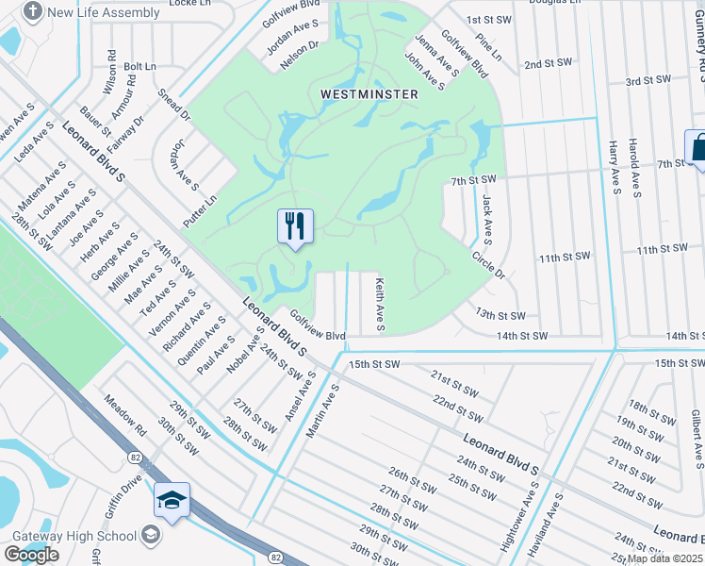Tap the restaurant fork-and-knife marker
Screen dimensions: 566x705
(x=295, y=226)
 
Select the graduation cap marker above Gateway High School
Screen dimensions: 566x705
(x=172, y=500)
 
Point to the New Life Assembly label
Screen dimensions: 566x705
(x=90, y=12)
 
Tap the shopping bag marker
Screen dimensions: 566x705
(x=698, y=148)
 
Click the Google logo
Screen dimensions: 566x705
(x=32, y=555)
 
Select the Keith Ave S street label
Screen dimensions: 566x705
(x=380, y=304)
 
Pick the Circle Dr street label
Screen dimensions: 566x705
(x=490, y=265)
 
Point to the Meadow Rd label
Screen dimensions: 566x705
(x=126, y=416)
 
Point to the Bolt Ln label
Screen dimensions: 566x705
(x=139, y=67)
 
